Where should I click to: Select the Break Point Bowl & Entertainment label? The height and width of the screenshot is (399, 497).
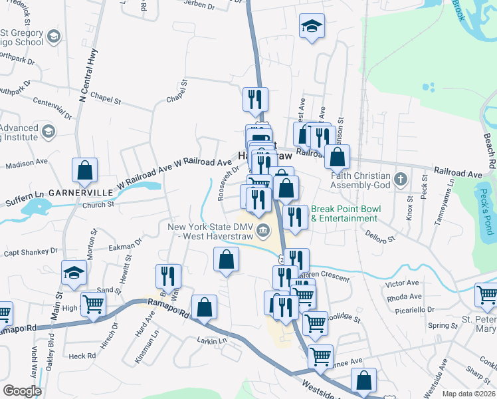[346, 213]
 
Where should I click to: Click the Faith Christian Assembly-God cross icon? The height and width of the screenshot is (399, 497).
[400, 179]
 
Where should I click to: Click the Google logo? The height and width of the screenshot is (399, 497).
[22, 391]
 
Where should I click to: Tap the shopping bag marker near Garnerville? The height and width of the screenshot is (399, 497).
[85, 171]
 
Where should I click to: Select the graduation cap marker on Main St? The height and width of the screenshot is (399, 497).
[74, 272]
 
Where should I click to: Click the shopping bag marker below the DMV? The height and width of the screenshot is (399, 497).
[226, 259]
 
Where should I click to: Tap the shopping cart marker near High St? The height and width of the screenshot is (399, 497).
[93, 305]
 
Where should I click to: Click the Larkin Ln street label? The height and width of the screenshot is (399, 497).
[212, 340]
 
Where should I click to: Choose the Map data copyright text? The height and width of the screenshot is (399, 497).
[468, 394]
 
